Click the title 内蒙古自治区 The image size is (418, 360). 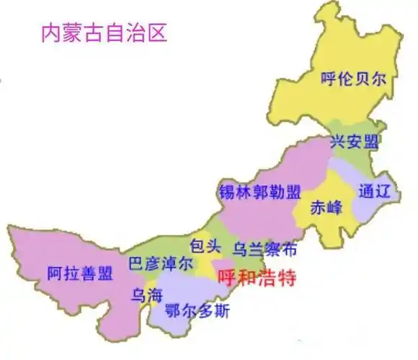[x=104, y=34]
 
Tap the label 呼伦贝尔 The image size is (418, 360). [x=357, y=79]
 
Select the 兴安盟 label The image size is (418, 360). [x=354, y=142]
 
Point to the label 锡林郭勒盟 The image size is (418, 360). [x=259, y=192]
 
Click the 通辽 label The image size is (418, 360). [x=373, y=192]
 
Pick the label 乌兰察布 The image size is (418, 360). [x=264, y=250]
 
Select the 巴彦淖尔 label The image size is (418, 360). [x=161, y=264]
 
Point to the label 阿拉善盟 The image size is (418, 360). [x=80, y=274]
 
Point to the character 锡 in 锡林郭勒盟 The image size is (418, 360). [x=226, y=192]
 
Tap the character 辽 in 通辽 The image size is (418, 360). [x=382, y=192]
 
